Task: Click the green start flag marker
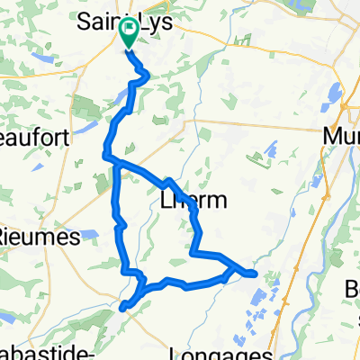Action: (129, 33)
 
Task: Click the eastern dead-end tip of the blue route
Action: (256, 273)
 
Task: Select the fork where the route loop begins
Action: (112, 159)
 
